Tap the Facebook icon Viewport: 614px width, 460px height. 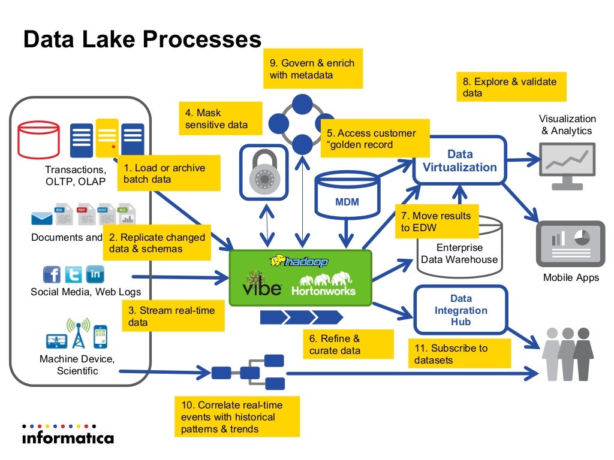coord(52,274)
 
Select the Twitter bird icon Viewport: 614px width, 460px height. coord(73,274)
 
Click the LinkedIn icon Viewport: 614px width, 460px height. coord(95,274)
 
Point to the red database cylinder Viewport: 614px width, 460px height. coord(38,140)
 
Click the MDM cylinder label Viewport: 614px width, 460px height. coord(347,202)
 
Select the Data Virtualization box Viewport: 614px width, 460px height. coord(460,161)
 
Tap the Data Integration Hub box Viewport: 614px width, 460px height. coord(460,310)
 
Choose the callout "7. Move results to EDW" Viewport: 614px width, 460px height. coord(437,221)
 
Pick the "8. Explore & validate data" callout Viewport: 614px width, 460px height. coord(511,87)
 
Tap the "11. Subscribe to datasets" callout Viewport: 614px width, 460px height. coord(459,353)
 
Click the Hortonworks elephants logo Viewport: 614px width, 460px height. coord(323,283)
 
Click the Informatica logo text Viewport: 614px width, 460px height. coord(68,437)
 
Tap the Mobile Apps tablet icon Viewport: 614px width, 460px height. coord(570,243)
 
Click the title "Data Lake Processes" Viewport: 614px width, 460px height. coord(142,40)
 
